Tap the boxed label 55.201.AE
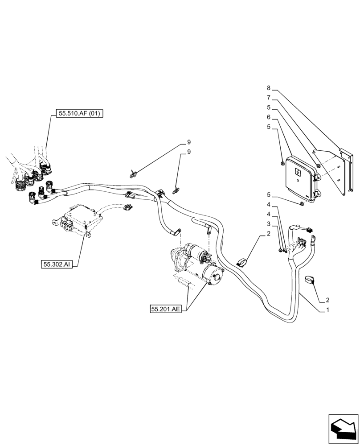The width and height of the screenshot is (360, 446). point(166,308)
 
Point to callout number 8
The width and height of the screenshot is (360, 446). point(269,89)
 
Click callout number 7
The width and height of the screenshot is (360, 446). point(269,97)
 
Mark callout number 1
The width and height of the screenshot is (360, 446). point(328,310)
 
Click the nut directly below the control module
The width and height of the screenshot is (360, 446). point(302,204)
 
